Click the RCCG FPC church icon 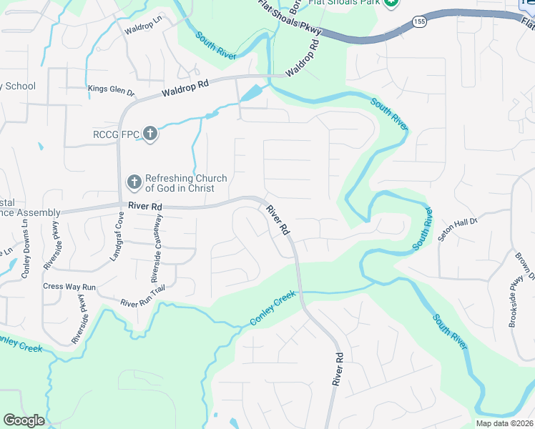(x=149, y=133)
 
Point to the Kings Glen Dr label (x=111, y=90)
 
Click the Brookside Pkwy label (x=516, y=307)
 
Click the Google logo (x=24, y=420)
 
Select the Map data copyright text (x=504, y=423)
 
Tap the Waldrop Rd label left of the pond (x=185, y=88)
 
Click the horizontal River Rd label (x=145, y=206)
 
